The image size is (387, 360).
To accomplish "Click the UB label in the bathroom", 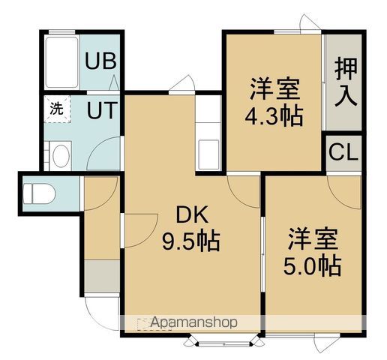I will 99,60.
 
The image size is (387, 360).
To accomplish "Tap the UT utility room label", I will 100,111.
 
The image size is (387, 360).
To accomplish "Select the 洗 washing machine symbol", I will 57,107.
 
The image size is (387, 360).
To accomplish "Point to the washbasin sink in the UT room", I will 59,155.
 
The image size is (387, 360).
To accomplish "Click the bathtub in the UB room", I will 62,60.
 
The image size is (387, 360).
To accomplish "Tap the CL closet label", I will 343,155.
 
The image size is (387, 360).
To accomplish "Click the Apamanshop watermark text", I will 187,322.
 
